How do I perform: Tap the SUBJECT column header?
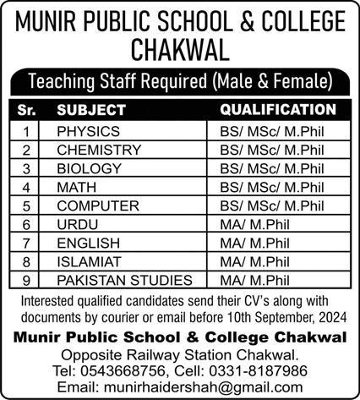coord(91,110)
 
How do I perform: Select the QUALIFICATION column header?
coord(277,110)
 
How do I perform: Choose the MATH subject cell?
coord(74,187)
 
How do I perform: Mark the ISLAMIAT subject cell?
coord(85,261)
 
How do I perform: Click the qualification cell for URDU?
coord(250,224)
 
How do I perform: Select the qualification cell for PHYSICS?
coord(270,132)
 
